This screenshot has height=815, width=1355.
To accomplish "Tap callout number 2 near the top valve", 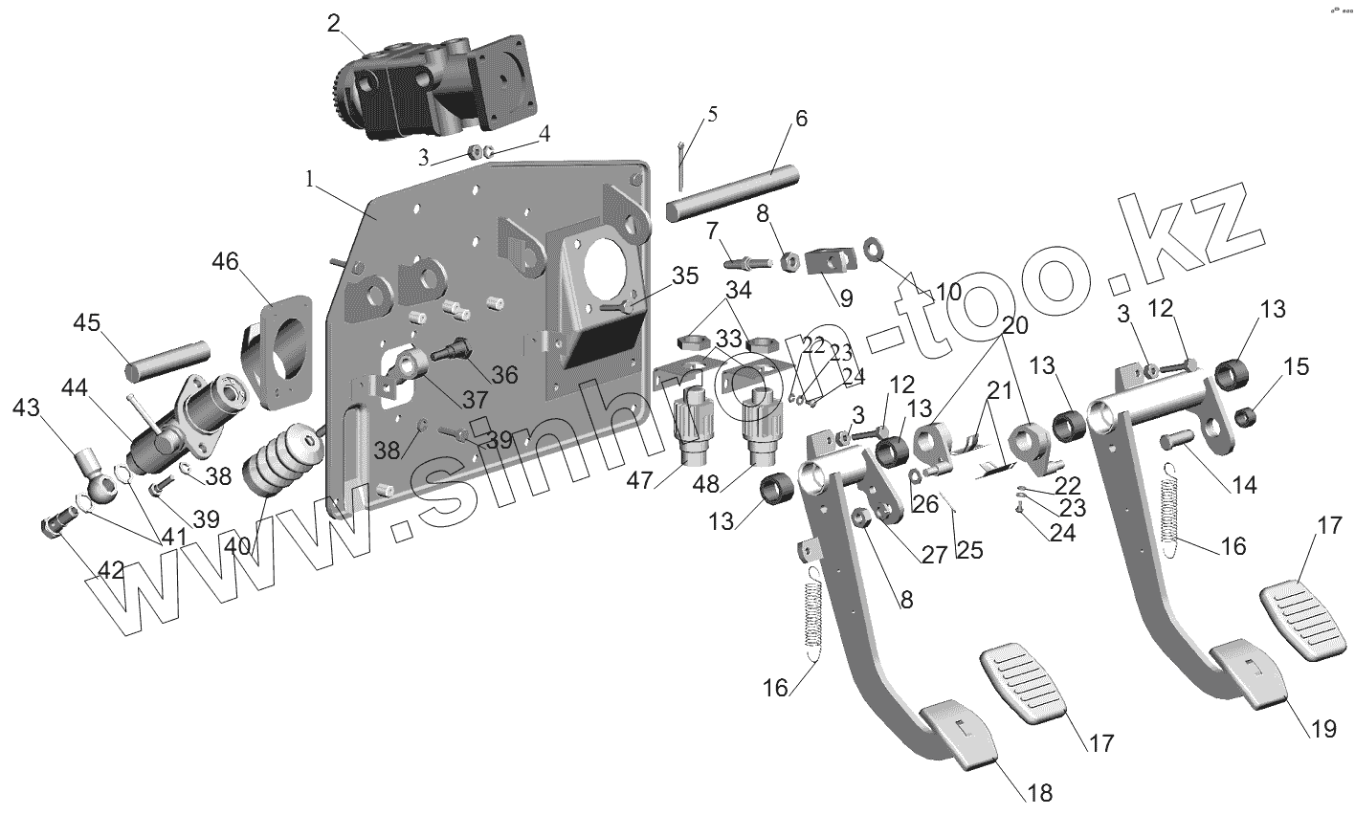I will pos(333,24).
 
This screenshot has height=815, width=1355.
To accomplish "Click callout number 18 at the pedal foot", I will pos(1039,793).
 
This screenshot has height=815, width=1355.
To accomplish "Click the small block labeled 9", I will pos(830,262).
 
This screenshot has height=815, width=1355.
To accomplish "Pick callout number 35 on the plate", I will pos(685,276).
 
